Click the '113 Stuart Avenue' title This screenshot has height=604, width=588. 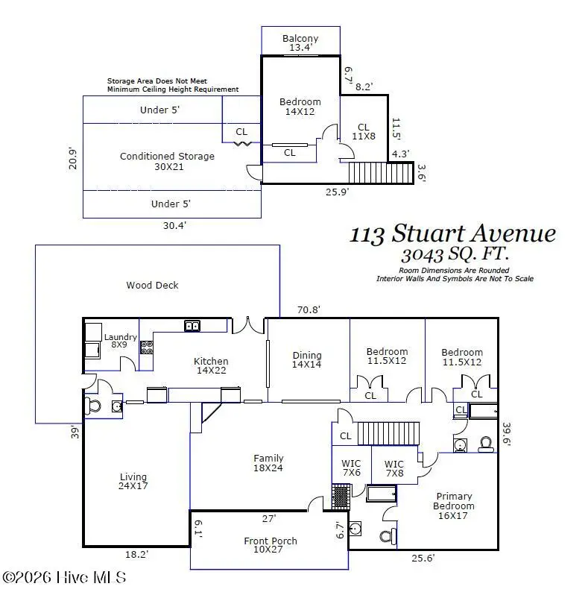[x=452, y=233]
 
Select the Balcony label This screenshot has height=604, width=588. [x=300, y=43]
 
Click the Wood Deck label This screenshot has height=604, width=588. [x=152, y=285]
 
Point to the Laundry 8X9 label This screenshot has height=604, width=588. [x=120, y=341]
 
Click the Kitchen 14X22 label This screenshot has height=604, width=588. [x=212, y=365]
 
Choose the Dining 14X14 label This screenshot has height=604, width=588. [x=307, y=360]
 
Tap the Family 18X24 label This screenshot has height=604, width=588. [x=268, y=463]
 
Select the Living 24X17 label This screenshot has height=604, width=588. [x=133, y=482]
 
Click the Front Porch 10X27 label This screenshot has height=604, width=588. [x=270, y=546]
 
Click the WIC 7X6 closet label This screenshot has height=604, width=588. [x=350, y=468]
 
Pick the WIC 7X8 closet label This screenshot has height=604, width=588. [x=393, y=468]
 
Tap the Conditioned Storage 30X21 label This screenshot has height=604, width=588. [x=167, y=161]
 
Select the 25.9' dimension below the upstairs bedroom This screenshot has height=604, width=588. [x=337, y=192]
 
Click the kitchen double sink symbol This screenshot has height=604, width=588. [x=192, y=325]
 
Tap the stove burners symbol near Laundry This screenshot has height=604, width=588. [x=147, y=347]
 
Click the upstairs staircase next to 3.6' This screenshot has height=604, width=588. [x=380, y=173]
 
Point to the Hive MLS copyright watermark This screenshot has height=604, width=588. [x=65, y=578]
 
